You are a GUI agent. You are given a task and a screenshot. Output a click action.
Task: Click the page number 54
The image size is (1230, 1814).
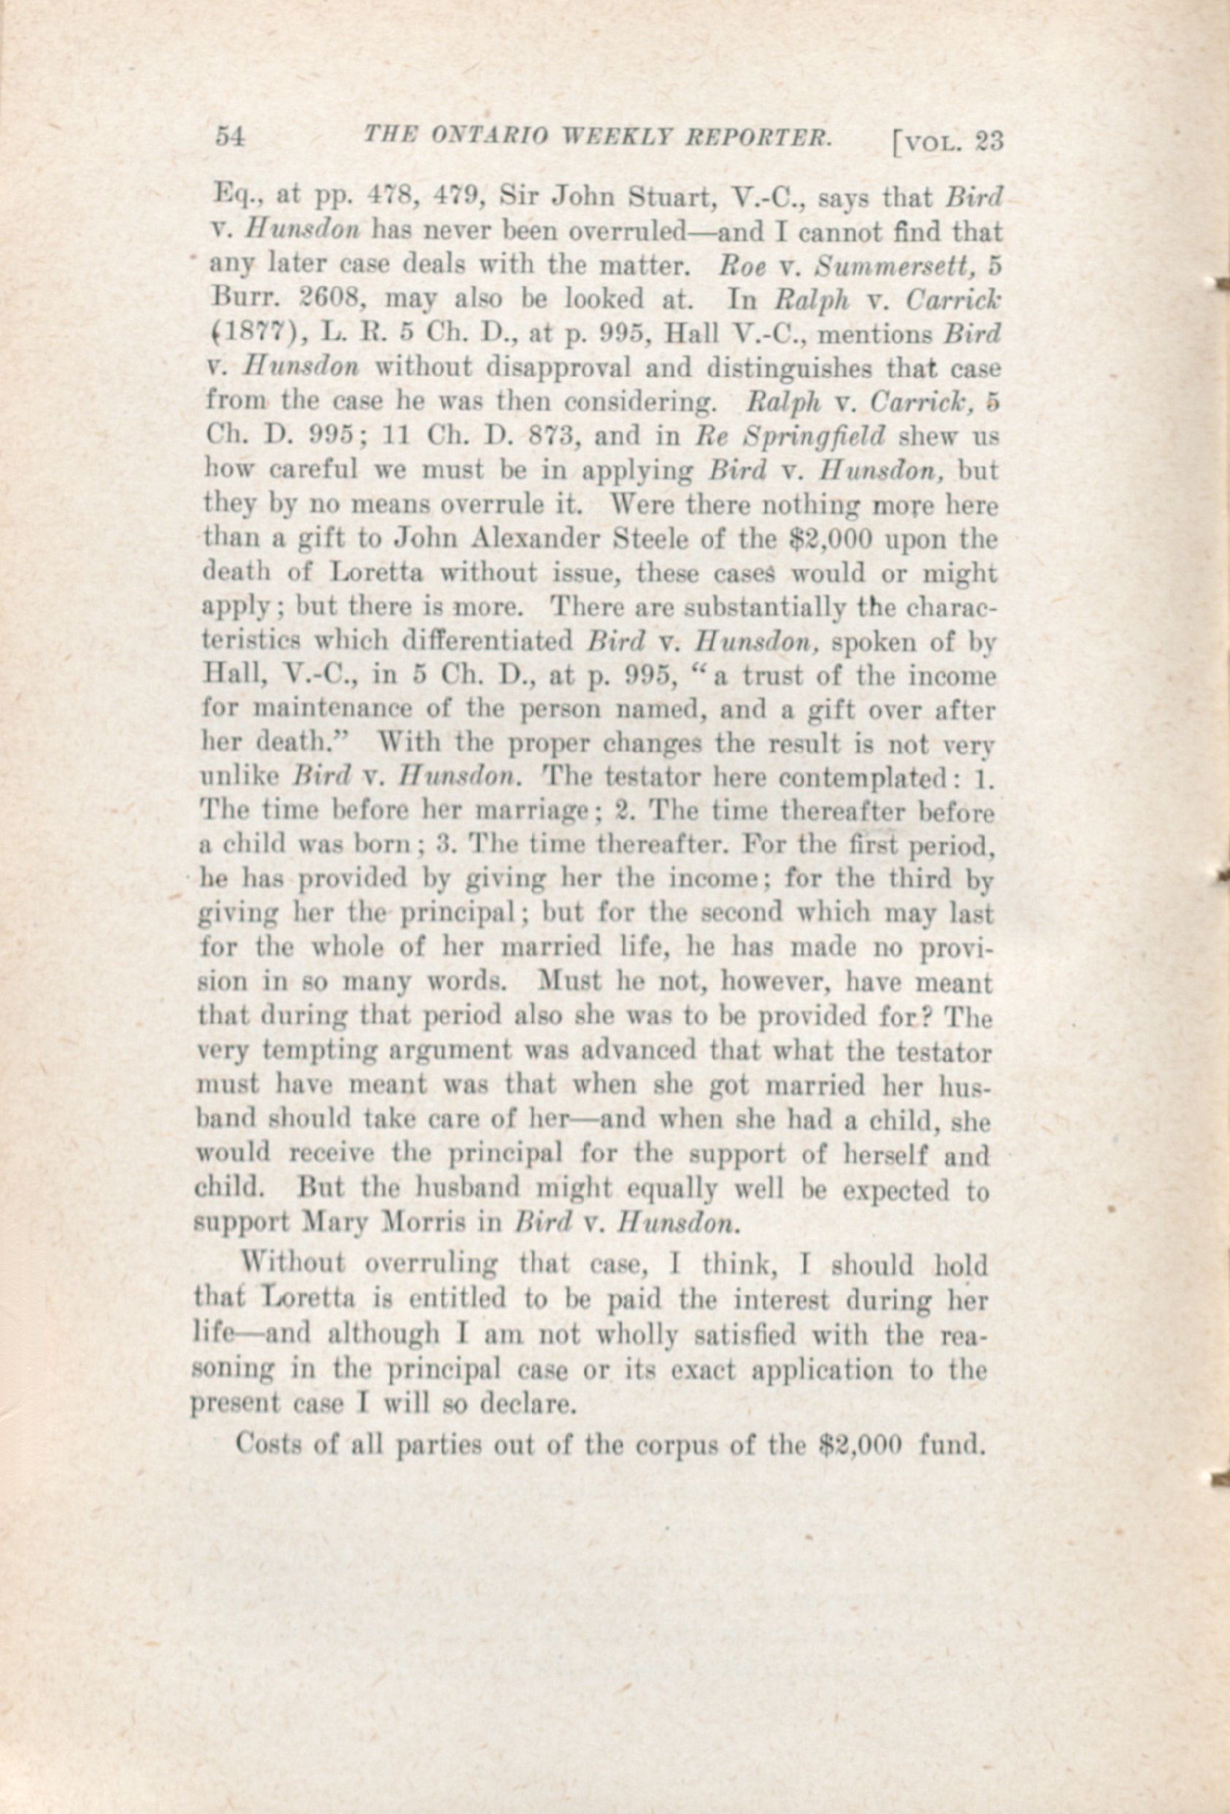231,137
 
